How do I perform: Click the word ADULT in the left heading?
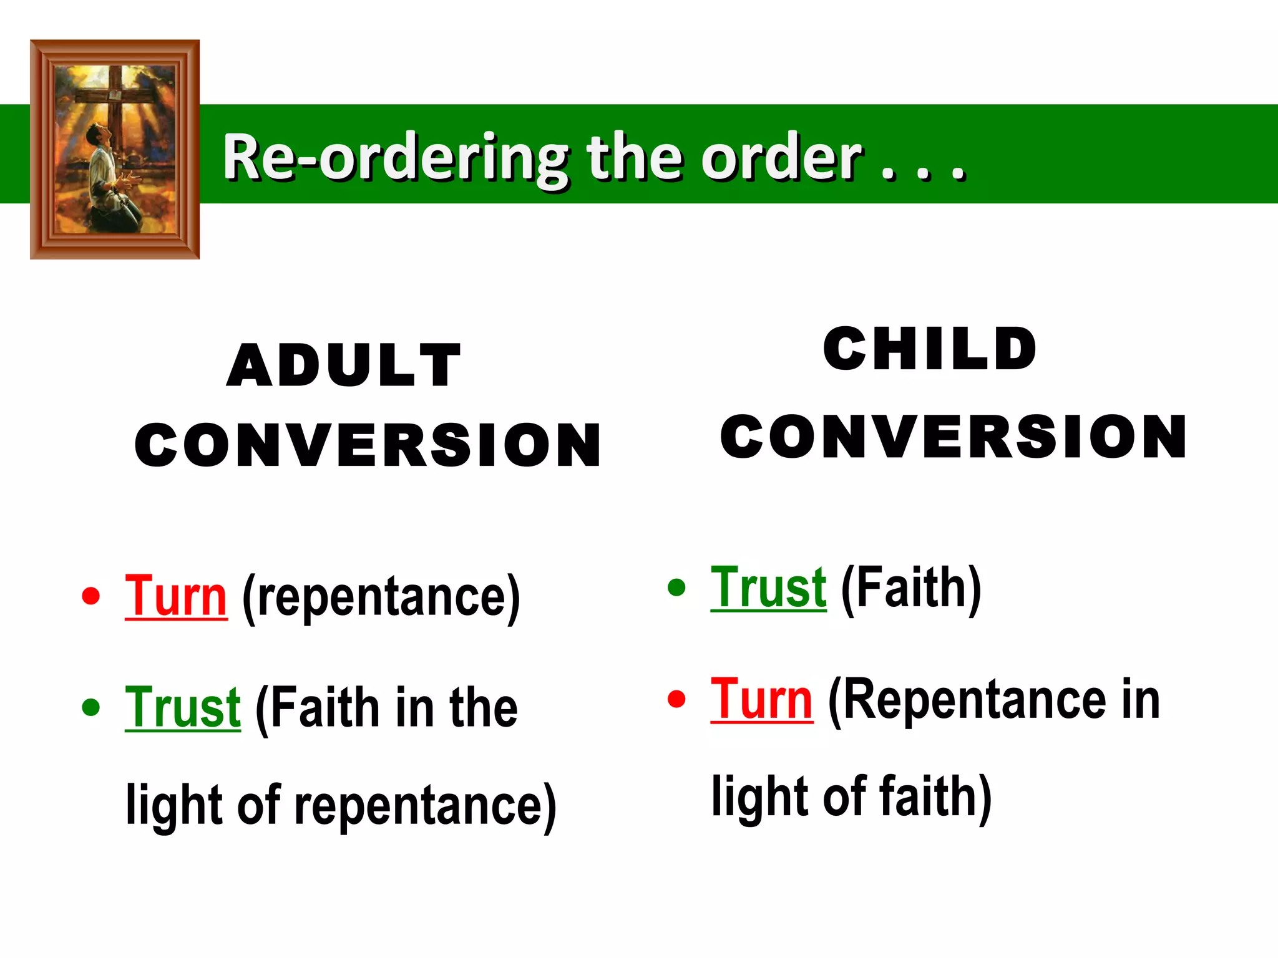click(x=344, y=365)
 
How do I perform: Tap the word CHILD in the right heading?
click(x=930, y=349)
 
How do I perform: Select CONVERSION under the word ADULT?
click(x=368, y=445)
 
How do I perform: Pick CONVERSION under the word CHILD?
click(x=954, y=436)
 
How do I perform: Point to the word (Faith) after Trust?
click(x=911, y=589)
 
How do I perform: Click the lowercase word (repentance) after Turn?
click(x=381, y=599)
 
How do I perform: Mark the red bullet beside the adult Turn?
click(x=91, y=596)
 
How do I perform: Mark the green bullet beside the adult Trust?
click(x=91, y=707)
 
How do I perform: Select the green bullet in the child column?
click(x=676, y=587)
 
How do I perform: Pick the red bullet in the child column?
click(x=676, y=699)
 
